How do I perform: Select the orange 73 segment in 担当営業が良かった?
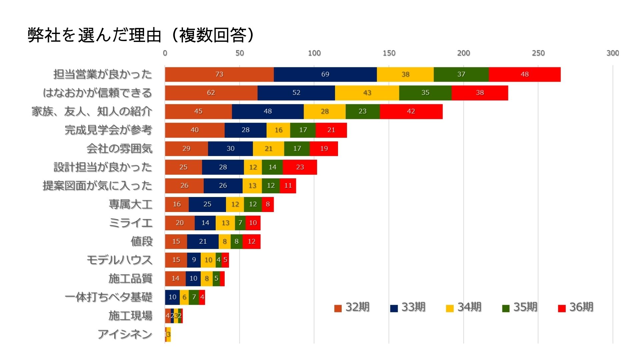click(x=219, y=74)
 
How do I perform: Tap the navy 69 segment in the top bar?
click(x=325, y=74)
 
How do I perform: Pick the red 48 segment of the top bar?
click(x=524, y=74)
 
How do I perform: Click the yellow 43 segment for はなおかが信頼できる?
click(x=367, y=93)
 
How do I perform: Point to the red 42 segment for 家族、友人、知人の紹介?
click(x=411, y=111)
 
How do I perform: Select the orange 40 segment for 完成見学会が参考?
click(x=194, y=130)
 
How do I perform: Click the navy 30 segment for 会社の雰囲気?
click(x=230, y=149)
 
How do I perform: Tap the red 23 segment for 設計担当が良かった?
click(x=300, y=167)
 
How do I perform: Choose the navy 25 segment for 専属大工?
click(x=207, y=204)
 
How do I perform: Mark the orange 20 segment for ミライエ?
click(x=179, y=223)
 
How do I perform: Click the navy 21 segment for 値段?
click(x=203, y=241)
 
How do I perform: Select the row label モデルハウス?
click(x=119, y=260)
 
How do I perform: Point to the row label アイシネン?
click(x=125, y=334)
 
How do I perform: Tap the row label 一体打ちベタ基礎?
click(x=108, y=297)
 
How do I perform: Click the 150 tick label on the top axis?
click(x=389, y=53)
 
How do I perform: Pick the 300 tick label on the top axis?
click(x=613, y=53)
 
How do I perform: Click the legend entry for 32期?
click(x=352, y=307)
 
